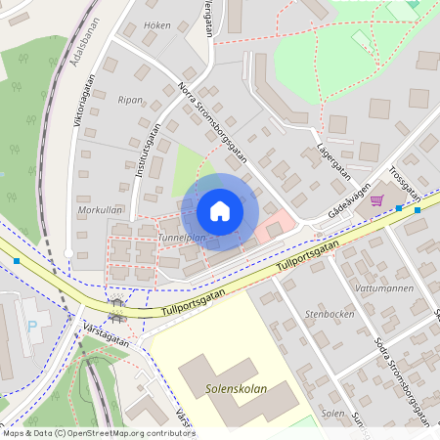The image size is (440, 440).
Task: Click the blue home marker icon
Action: pyautogui.click(x=220, y=210)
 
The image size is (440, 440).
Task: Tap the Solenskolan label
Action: pyautogui.click(x=238, y=387)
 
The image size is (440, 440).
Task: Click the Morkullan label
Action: pyautogui.click(x=99, y=210)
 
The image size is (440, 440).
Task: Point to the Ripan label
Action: pyautogui.click(x=130, y=100)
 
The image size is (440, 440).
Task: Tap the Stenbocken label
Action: pyautogui.click(x=330, y=315)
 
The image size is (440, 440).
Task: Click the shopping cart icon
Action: pyautogui.click(x=376, y=200)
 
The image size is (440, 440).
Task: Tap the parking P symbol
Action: pyautogui.click(x=33, y=328)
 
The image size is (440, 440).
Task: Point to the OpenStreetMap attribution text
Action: pyautogui.click(x=98, y=433)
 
